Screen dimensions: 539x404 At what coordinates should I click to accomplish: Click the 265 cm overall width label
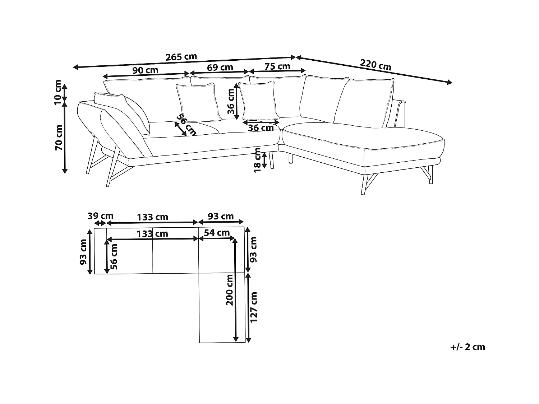(181, 57)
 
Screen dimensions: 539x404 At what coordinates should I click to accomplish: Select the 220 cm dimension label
(375, 65)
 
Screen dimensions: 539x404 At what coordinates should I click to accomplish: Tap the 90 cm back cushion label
(145, 70)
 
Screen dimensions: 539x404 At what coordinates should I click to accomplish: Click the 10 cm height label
(58, 93)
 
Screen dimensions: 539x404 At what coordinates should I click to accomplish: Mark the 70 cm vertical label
(59, 138)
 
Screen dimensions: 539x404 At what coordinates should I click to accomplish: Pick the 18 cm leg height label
(258, 160)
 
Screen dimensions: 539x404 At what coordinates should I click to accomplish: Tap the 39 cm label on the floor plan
(100, 216)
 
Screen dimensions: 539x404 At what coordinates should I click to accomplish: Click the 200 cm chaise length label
(230, 289)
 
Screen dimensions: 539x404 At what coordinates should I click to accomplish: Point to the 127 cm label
(254, 307)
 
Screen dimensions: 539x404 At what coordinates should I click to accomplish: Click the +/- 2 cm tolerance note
(467, 347)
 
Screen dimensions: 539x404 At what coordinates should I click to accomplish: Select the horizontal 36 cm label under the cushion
(261, 127)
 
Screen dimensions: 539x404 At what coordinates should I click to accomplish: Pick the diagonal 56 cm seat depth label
(186, 125)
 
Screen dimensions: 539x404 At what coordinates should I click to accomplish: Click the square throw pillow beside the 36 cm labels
(259, 101)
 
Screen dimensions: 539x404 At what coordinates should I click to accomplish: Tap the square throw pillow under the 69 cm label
(198, 102)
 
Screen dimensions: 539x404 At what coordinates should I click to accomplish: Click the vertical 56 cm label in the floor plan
(114, 256)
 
